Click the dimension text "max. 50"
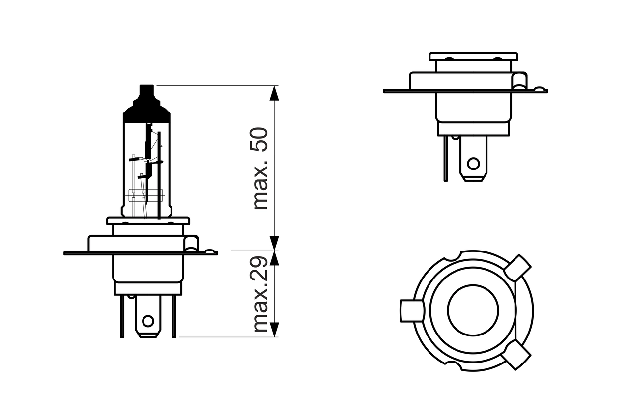tap(260, 168)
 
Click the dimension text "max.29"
tap(260, 294)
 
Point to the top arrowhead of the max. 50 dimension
tap(274, 93)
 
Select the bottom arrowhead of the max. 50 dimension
tap(274, 243)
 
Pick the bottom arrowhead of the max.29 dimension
tap(274, 330)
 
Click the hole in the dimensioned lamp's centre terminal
tap(148, 322)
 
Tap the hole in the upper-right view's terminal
tap(473, 163)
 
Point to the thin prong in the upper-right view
tap(446, 158)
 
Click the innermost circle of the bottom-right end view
tap(473, 309)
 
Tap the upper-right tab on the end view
tap(517, 267)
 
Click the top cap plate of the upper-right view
tap(473, 56)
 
